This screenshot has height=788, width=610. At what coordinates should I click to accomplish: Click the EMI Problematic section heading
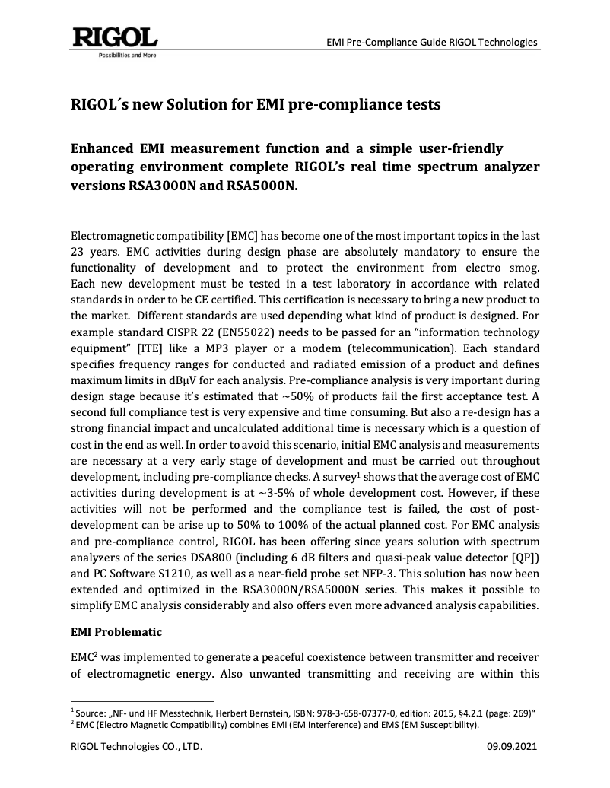(116, 631)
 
